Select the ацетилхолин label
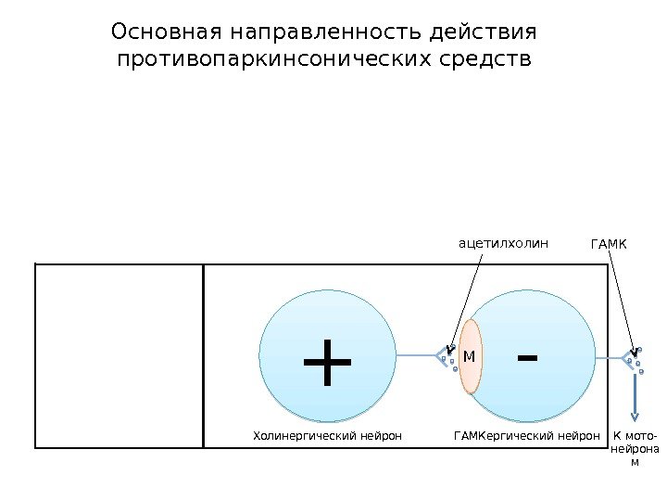click(504, 244)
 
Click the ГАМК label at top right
click(609, 245)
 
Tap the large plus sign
click(327, 363)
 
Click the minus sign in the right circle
click(528, 357)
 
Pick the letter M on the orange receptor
click(469, 356)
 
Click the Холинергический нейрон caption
click(327, 434)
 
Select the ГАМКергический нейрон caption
click(522, 434)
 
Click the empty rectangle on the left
click(119, 355)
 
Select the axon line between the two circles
click(416, 354)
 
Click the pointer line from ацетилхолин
click(469, 302)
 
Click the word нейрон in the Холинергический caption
click(382, 434)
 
